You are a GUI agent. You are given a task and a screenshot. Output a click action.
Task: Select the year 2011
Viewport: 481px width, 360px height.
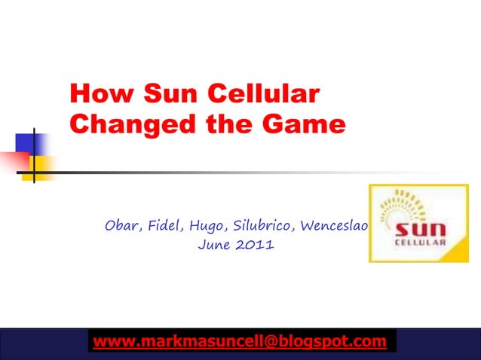click(x=253, y=246)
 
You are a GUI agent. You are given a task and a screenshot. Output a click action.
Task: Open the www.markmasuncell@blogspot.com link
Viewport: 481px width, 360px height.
click(x=239, y=342)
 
